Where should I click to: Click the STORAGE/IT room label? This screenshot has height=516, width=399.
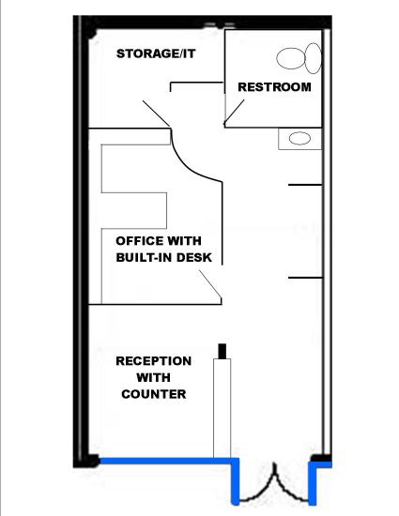click(156, 53)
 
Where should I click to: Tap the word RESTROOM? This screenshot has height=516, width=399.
click(274, 87)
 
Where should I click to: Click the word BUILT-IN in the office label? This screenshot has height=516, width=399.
click(144, 257)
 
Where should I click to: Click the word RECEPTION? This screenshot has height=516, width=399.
click(153, 361)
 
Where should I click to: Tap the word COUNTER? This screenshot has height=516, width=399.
click(153, 394)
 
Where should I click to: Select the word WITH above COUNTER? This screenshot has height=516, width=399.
click(153, 377)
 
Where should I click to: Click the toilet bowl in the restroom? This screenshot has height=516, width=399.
click(290, 58)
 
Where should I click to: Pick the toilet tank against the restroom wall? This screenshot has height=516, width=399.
click(313, 58)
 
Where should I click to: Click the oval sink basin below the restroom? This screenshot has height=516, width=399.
click(299, 138)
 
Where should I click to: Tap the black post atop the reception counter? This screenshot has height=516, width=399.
click(223, 351)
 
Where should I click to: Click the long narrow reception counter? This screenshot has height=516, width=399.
click(222, 408)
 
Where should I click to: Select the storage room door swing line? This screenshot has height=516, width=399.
click(157, 114)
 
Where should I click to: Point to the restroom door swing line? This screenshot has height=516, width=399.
click(235, 113)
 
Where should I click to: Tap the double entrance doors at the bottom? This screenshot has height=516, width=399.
click(274, 487)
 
